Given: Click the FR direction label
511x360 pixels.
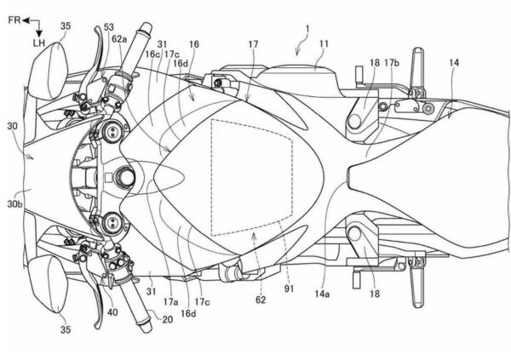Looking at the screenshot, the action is [14, 20].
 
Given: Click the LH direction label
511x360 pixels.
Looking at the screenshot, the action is [39, 43].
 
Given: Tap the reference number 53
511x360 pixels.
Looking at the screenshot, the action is [109, 27].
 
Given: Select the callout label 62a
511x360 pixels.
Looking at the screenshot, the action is [119, 39].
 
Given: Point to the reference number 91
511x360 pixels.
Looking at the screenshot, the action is [289, 288].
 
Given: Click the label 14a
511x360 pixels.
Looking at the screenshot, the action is [322, 294].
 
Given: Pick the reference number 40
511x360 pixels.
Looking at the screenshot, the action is [112, 312].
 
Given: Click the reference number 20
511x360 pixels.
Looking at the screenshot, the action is [167, 319].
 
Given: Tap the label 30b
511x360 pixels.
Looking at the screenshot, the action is [15, 204].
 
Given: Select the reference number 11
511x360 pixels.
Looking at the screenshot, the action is [324, 43].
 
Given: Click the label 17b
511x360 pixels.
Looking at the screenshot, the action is [392, 62].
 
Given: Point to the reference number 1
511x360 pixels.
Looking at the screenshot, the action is [307, 29].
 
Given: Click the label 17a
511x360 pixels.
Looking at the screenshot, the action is [171, 302].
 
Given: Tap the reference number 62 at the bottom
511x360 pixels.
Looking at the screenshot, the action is [261, 300].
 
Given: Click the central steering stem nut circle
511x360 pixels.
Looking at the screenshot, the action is [123, 177].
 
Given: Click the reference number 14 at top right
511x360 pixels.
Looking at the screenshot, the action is [454, 62].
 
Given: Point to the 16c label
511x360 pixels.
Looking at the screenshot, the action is [152, 54].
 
